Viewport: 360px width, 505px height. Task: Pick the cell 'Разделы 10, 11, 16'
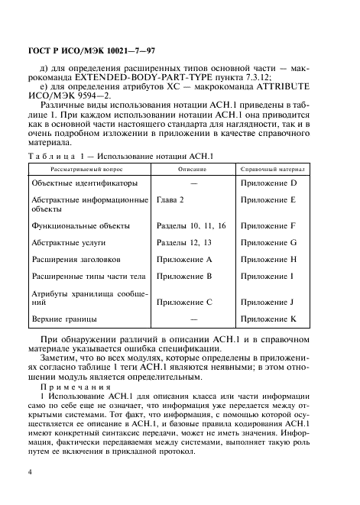(x=191, y=226)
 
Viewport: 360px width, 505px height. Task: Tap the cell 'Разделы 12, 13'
(x=183, y=242)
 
